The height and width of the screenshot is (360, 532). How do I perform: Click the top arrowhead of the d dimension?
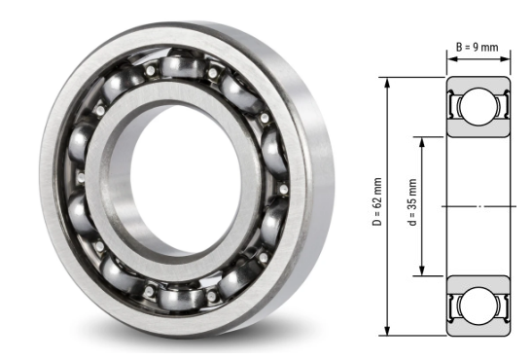423,139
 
